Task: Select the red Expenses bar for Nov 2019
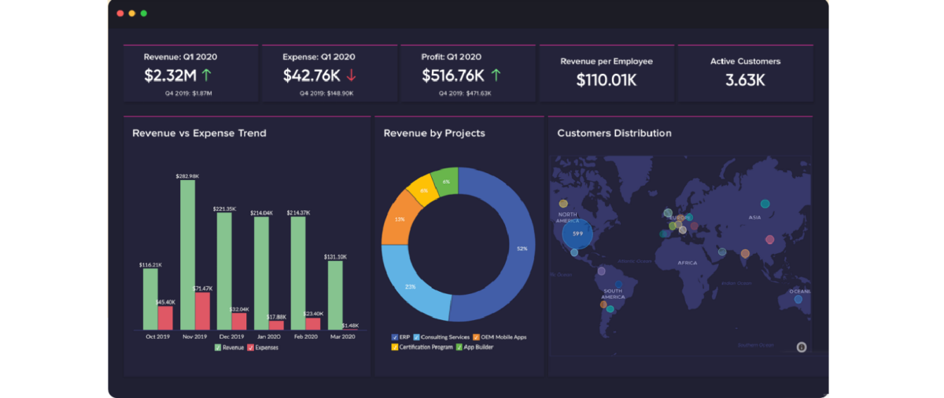click(203, 311)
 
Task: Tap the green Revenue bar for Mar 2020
click(335, 295)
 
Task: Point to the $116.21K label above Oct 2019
click(150, 265)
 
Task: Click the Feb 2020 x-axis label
click(306, 337)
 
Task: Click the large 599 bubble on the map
click(577, 234)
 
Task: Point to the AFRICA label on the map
click(687, 263)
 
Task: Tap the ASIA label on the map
click(754, 217)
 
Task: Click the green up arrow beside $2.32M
click(207, 76)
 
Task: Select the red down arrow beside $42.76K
click(351, 76)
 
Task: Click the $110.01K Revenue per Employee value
click(606, 79)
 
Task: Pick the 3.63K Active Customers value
click(745, 79)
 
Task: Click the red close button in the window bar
click(120, 13)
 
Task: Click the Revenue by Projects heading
click(434, 133)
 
